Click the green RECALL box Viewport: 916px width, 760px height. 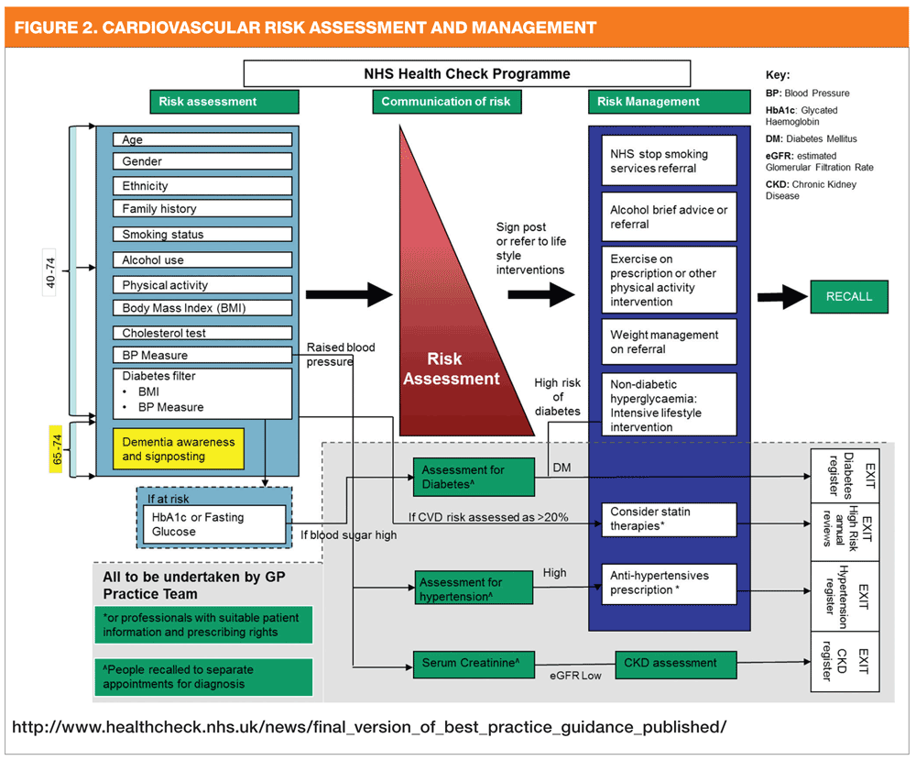849,296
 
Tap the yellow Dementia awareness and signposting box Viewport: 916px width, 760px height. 178,449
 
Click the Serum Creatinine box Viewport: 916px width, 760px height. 473,662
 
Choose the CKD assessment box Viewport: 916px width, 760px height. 678,662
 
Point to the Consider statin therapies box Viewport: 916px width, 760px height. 670,519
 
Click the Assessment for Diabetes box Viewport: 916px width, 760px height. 473,478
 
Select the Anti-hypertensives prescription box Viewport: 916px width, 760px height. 670,583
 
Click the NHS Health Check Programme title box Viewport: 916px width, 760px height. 467,74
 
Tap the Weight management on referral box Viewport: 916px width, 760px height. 670,342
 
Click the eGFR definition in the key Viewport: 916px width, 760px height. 819,162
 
